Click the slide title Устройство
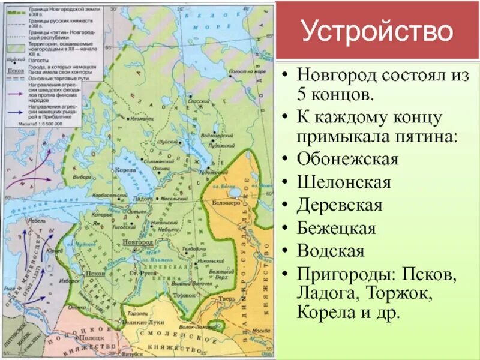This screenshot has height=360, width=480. tap(377, 31)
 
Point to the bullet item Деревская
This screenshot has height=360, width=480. tap(340, 205)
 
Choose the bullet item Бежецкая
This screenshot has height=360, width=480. tap(336, 227)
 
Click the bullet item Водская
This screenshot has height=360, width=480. tap(331, 250)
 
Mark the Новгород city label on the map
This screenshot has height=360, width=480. tap(133, 241)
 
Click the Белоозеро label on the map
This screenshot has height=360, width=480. tap(226, 203)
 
